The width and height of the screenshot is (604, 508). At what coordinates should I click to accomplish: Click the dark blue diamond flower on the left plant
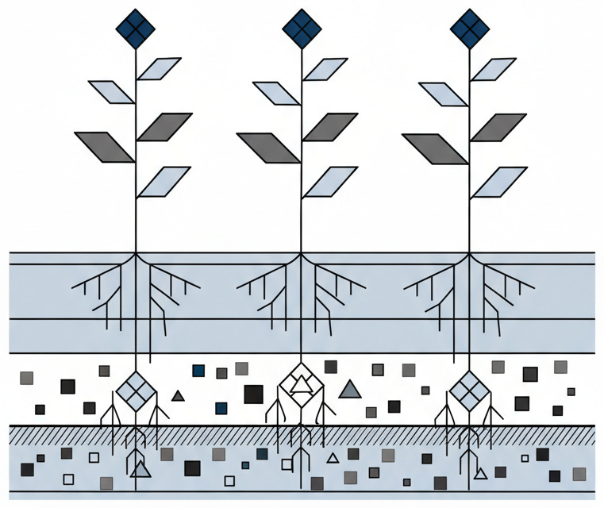point(136,29)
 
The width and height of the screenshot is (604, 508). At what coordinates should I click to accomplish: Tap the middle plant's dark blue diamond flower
point(302,29)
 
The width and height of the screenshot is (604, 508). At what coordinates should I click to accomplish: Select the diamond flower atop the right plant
point(468,29)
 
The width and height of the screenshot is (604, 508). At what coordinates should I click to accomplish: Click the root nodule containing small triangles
point(301,388)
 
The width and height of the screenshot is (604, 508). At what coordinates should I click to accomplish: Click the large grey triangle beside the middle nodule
point(349,389)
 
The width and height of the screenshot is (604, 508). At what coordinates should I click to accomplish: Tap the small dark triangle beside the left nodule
point(179,395)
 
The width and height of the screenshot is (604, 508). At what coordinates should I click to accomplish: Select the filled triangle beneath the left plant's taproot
point(140,469)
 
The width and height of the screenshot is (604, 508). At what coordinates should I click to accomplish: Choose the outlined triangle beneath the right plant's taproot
point(480,474)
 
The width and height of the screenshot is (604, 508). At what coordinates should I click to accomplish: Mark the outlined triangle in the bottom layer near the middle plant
point(333,458)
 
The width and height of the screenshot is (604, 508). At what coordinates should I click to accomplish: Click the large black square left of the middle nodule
point(253,394)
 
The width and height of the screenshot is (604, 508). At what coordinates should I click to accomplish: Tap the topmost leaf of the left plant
point(160,69)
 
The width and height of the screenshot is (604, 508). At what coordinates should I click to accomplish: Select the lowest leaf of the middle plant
point(330,182)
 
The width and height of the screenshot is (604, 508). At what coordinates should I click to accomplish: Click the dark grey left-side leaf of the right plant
point(433,148)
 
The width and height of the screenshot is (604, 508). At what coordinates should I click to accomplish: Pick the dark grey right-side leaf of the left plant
point(165,127)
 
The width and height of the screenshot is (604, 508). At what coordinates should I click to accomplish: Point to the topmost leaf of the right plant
point(494,69)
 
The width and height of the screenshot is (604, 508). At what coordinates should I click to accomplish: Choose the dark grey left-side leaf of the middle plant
point(267,148)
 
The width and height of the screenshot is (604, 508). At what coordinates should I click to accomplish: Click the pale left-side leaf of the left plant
point(111,92)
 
